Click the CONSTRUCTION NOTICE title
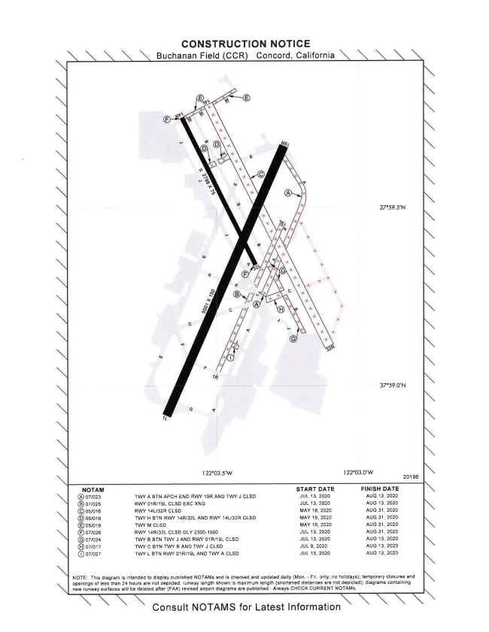click(244, 44)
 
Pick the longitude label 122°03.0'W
click(359, 472)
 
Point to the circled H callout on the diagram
click(281, 308)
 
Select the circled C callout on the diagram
click(261, 174)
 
